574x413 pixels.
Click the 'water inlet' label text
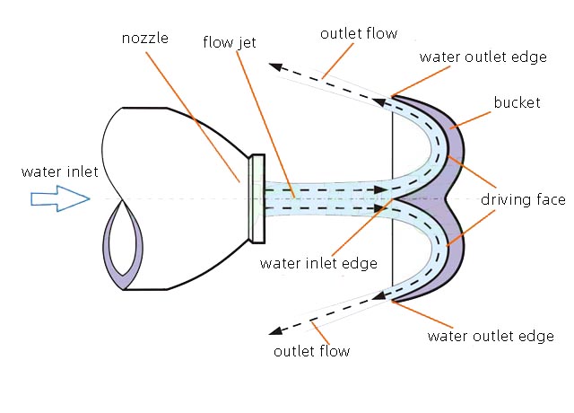[x=56, y=171]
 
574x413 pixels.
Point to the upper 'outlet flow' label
[x=358, y=34]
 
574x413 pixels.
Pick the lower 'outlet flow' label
[x=311, y=350]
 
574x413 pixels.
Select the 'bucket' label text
[x=517, y=102]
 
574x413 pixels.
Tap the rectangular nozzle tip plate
[x=257, y=198]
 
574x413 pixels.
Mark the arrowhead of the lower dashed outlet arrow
[x=279, y=330]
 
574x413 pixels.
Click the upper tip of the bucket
[x=392, y=92]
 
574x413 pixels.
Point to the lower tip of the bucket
[x=392, y=303]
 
